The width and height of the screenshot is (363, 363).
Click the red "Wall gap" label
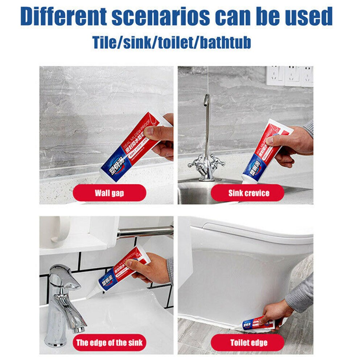pos(109,193)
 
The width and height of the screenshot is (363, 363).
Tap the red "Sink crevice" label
pos(248,193)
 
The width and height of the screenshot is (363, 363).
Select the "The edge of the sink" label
pos(109,342)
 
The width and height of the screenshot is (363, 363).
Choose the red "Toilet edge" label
pos(248,342)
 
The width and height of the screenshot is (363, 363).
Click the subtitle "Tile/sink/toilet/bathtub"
pos(172,42)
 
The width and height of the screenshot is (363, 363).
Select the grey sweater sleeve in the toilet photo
pos(301,294)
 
